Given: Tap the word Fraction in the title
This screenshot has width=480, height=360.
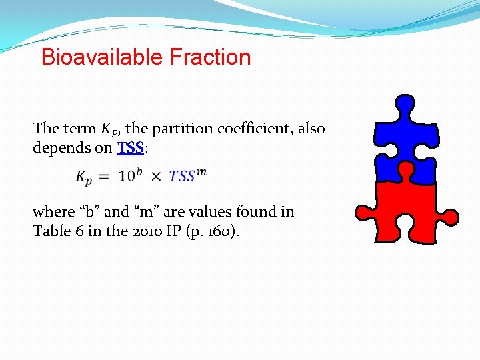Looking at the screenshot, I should click(x=210, y=57).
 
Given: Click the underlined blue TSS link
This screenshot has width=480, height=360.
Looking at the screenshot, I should click(x=131, y=148).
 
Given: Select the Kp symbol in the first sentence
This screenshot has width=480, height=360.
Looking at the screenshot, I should click(x=109, y=129).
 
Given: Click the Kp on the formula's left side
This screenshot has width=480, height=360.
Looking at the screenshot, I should click(x=84, y=177).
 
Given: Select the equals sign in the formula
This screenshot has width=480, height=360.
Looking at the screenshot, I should click(x=103, y=177).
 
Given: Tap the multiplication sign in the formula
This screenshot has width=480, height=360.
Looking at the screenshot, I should click(x=156, y=177).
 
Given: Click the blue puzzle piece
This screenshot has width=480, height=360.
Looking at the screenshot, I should click(x=405, y=140).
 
